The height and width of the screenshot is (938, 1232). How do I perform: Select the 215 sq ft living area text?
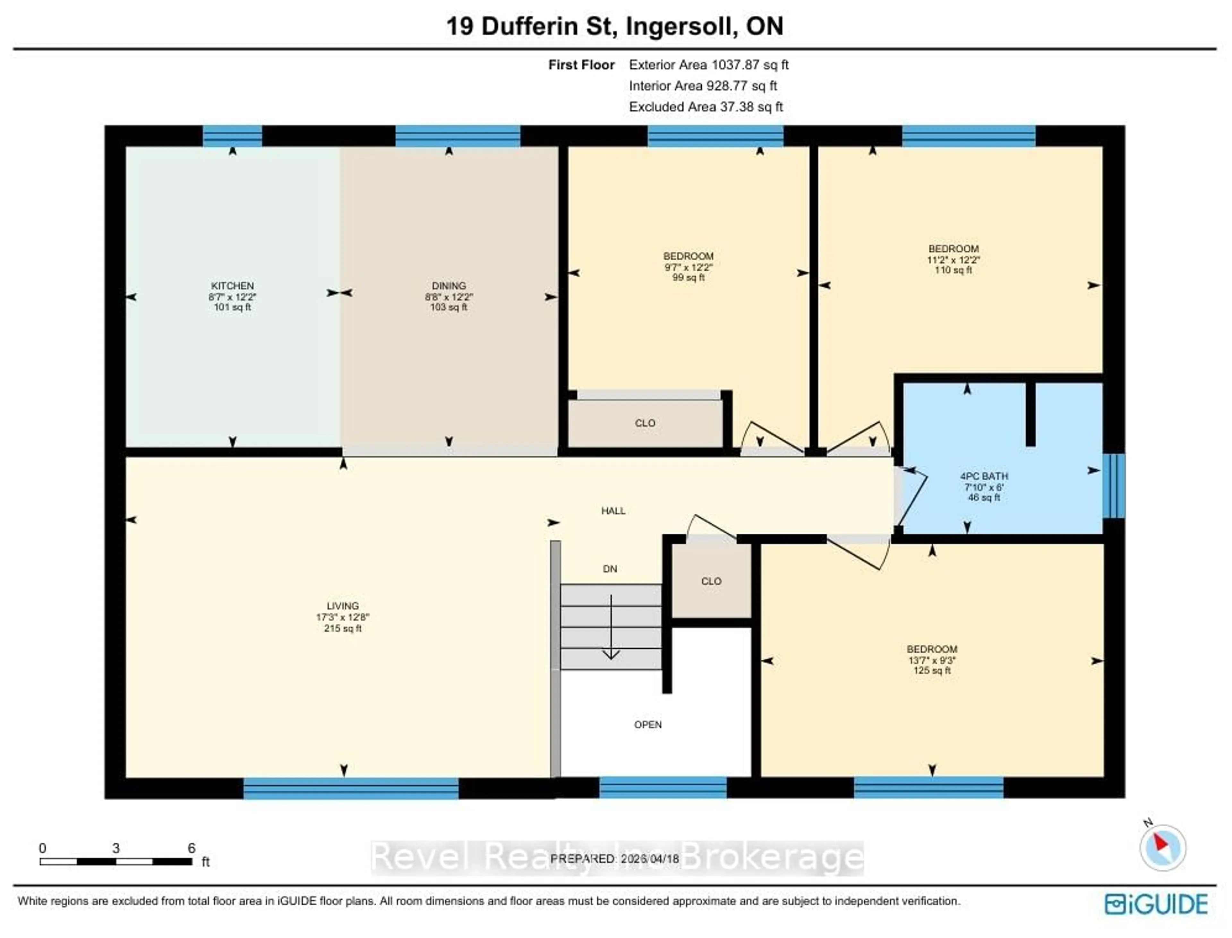click(x=343, y=628)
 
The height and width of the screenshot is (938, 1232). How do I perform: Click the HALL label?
click(x=613, y=510)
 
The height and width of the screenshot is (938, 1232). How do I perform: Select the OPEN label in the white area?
click(x=647, y=724)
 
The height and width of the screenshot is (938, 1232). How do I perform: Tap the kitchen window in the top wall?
click(x=232, y=136)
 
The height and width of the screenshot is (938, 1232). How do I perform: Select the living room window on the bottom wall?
click(x=351, y=788)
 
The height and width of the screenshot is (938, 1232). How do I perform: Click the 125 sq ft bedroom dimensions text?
click(x=932, y=660)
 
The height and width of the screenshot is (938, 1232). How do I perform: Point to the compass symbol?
click(x=1162, y=848)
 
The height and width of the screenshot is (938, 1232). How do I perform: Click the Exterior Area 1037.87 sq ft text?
click(x=708, y=65)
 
